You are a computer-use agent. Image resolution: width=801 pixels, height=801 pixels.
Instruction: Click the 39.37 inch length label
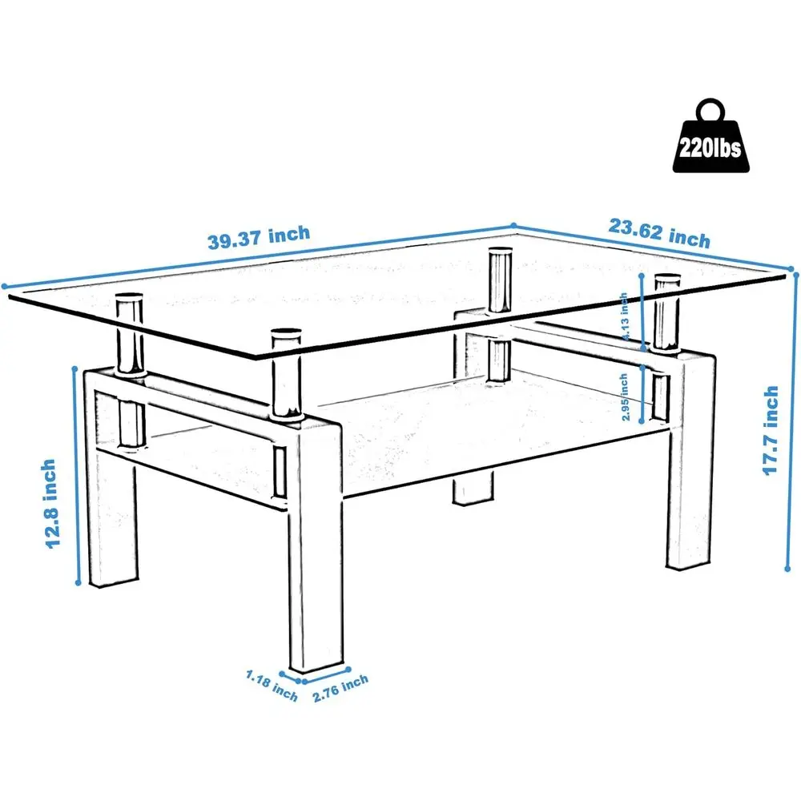point(258,238)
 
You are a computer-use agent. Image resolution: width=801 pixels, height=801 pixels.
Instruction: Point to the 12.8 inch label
point(50,503)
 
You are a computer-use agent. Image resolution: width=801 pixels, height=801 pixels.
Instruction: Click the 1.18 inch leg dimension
point(272,682)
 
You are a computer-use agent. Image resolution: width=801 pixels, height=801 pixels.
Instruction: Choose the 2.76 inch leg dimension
point(340,688)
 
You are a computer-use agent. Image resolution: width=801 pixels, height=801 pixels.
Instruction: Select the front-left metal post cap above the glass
point(129,302)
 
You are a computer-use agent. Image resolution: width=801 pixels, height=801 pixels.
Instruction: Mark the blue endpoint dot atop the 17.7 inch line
point(796,273)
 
